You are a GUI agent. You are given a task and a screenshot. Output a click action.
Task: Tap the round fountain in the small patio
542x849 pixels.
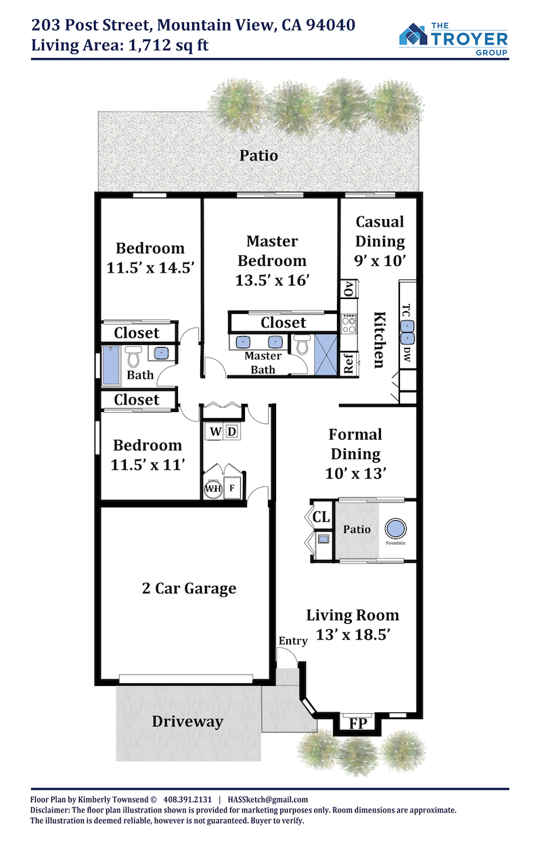point(395,528)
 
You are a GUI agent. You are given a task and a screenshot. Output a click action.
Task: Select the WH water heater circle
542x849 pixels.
point(212,488)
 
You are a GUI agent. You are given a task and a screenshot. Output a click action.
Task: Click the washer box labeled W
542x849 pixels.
point(215,432)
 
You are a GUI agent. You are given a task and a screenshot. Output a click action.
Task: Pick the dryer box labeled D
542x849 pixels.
point(232,432)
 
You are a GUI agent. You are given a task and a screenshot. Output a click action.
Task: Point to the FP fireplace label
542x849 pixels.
point(358,723)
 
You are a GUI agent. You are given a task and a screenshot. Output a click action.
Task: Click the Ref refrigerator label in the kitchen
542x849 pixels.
point(348,363)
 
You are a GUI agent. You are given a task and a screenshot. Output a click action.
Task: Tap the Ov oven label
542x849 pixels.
point(349,289)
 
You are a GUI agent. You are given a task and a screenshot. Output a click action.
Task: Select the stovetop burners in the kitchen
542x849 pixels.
point(348,323)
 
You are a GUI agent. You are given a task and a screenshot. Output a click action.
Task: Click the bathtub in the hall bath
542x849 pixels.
point(111,365)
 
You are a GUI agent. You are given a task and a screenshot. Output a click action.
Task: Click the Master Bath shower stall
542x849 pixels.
point(325,354)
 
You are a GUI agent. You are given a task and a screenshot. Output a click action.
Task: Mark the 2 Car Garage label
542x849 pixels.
point(189,589)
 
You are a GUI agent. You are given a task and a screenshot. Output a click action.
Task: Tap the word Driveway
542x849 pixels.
point(187,721)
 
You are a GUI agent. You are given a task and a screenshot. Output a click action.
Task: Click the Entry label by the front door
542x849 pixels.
point(292,641)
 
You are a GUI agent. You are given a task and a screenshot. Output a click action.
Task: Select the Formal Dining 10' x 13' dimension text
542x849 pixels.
point(355,474)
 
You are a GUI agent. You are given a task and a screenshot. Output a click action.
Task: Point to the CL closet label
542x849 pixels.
point(321,517)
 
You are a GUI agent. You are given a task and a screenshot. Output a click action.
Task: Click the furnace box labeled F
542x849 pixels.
point(231,488)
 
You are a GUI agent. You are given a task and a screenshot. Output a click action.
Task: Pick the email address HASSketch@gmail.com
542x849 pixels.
point(267,800)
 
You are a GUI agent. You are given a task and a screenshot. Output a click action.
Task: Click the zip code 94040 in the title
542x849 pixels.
point(330,25)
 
